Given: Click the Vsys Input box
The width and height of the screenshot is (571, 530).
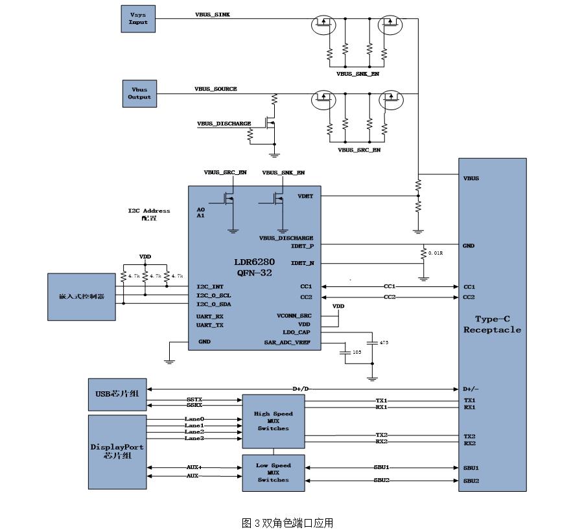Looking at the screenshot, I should click(x=138, y=18).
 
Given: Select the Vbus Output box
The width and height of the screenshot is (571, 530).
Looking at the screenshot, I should click(x=139, y=93).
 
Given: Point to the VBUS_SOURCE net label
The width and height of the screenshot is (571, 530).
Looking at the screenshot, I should click(x=216, y=89).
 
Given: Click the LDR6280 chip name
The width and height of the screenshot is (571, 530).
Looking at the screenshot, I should click(x=254, y=262).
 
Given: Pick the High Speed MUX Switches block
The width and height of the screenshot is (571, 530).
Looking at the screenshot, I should click(x=274, y=421).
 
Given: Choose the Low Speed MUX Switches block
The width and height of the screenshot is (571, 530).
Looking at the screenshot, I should click(x=273, y=473).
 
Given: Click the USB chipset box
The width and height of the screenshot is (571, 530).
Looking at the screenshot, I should click(x=117, y=393).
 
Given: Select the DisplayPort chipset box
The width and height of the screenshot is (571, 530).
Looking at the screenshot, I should click(x=117, y=451).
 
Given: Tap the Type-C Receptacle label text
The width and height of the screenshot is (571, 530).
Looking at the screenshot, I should click(x=492, y=325).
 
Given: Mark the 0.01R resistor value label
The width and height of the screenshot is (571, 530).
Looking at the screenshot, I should click(x=435, y=253).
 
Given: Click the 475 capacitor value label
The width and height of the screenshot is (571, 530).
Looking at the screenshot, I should click(x=384, y=342).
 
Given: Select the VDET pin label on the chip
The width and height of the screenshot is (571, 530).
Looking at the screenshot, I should click(x=305, y=196).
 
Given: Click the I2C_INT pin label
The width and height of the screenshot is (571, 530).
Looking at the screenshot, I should click(x=210, y=286).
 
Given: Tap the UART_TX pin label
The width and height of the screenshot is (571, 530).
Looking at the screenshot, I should click(x=210, y=325).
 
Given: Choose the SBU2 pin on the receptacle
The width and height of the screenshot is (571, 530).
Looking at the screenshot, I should click(x=471, y=481).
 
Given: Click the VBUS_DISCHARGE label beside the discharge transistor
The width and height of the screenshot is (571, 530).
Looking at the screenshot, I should click(x=224, y=123).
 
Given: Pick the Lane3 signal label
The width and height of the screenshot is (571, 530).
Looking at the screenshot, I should click(x=194, y=439).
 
